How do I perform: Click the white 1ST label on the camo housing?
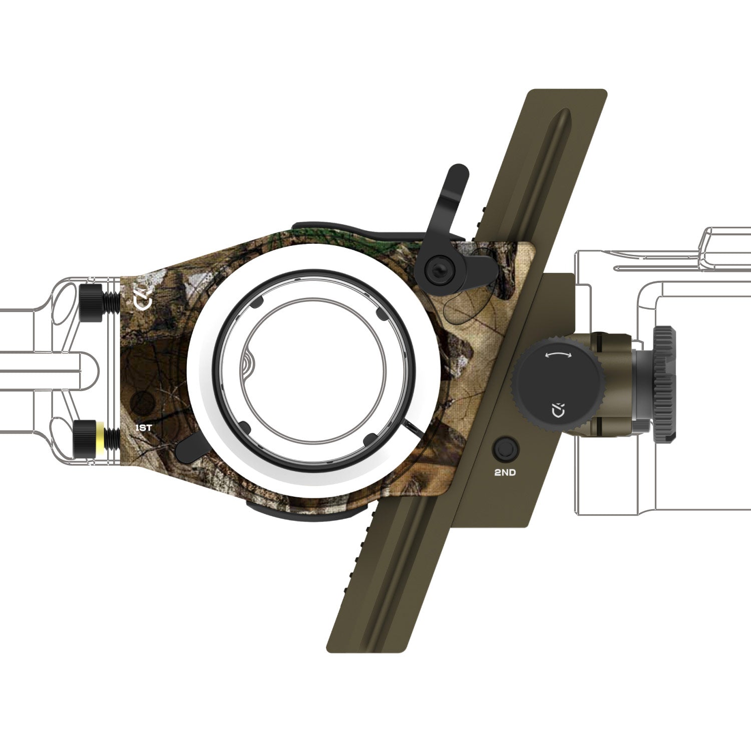coord(144,428)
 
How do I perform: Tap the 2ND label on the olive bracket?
coord(505,473)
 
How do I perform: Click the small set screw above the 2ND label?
coord(505,449)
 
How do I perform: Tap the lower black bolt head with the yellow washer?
coord(86,439)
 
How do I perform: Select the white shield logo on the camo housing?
coord(142,302)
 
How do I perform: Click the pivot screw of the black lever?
coord(435,270)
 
